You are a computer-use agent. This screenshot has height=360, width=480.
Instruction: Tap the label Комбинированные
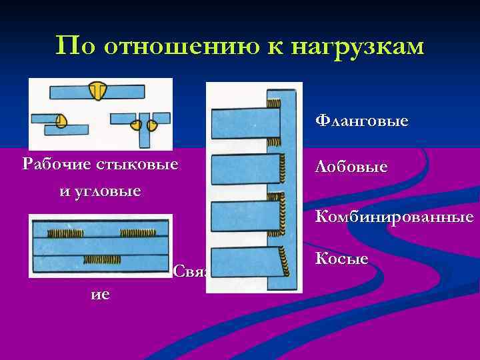394,217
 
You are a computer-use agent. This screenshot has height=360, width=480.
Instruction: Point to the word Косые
341,258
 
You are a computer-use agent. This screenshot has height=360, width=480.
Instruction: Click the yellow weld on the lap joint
61,121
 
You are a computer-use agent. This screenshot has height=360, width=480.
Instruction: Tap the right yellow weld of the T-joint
152,124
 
